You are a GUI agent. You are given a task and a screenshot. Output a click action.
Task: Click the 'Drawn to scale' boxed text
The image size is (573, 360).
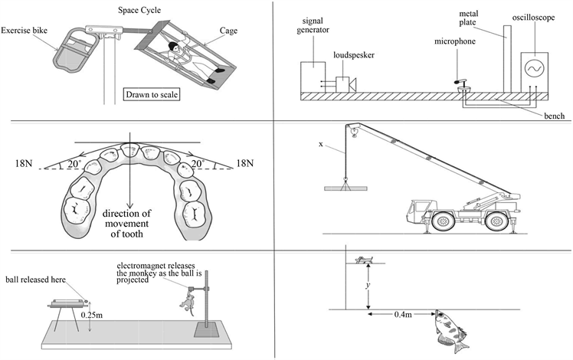click(152, 95)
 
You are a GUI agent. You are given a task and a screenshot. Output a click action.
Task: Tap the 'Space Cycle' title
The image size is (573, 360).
click(139, 10)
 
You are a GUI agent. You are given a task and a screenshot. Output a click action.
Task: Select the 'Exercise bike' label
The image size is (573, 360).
click(24, 31)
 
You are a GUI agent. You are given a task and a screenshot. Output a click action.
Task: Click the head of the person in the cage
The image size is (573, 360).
click(173, 47)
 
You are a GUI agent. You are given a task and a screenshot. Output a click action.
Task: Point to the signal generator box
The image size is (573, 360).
click(313, 77)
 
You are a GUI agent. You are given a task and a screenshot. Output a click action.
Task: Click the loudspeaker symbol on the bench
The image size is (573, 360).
click(345, 84)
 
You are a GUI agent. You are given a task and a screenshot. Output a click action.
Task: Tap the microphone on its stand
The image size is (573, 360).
click(462, 86)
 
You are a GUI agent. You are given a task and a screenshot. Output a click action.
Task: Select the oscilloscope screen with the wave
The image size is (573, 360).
click(534, 68)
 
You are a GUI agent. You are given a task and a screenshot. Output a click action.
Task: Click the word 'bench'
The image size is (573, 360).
click(555, 116)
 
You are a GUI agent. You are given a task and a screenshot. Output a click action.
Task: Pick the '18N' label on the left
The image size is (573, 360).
click(24, 163)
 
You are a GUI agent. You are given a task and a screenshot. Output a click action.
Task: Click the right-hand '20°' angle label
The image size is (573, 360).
click(198, 164)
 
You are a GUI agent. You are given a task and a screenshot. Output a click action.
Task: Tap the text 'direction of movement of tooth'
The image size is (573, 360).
click(126, 224)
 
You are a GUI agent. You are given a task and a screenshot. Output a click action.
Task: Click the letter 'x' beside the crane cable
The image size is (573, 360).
click(321, 144)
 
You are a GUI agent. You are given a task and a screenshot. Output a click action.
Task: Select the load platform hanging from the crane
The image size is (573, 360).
click(345, 188)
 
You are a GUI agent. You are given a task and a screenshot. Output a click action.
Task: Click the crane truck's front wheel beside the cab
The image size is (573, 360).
click(443, 221)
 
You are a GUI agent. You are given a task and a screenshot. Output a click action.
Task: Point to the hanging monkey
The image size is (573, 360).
click(188, 302)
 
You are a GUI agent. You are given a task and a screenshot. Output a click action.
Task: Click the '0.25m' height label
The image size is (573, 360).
click(92, 314)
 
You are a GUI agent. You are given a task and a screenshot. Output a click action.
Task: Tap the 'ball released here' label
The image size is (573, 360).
click(35, 280)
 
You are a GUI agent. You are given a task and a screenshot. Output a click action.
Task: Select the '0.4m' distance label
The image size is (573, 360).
click(403, 314)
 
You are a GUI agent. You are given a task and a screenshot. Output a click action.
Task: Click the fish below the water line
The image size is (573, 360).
click(450, 330)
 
